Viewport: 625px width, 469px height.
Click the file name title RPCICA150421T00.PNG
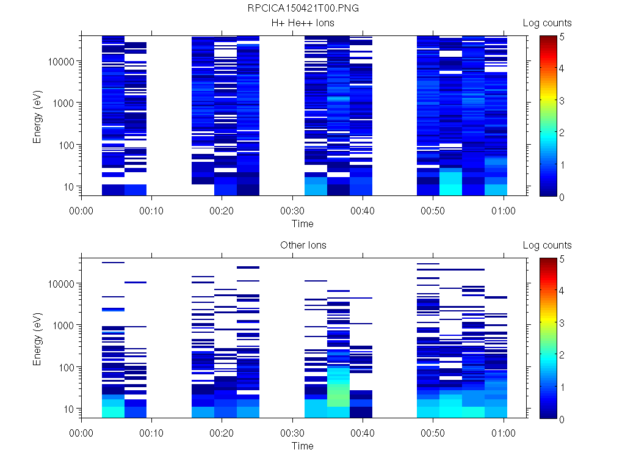303,9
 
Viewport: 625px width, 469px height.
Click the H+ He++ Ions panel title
303,23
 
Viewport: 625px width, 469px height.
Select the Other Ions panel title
303,245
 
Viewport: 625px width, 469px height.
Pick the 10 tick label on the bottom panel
69,409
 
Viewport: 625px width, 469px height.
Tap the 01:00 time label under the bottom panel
504,433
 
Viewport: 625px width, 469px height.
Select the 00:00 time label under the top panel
82,211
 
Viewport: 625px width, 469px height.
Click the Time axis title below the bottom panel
302,446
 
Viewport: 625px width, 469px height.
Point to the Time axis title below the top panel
302,224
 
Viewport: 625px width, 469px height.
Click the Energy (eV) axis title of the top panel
38,115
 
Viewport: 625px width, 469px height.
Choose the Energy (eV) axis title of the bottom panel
38,338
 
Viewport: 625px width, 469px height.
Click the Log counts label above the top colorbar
547,23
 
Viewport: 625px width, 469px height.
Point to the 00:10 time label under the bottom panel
152,433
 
